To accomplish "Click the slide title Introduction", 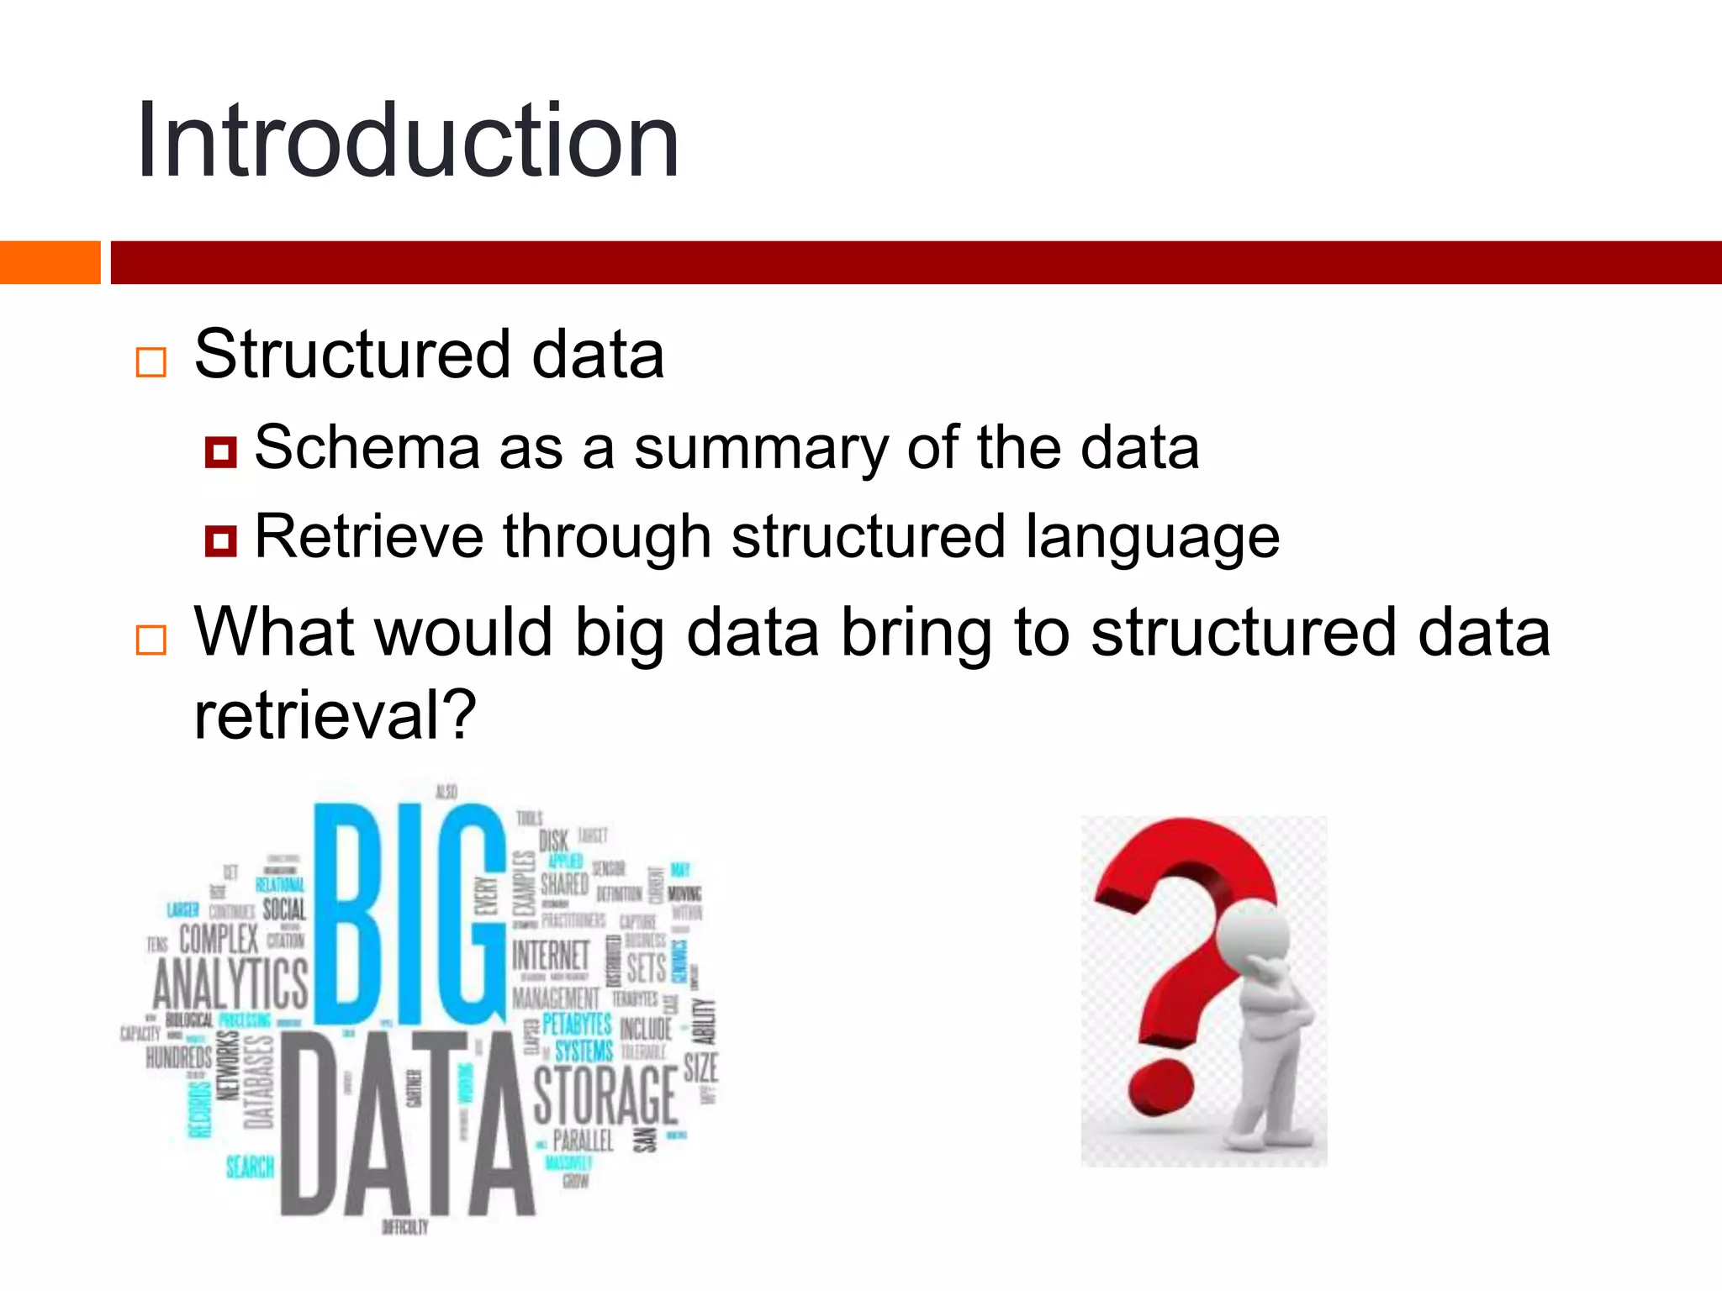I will pos(408,140).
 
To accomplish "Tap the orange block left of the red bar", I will pos(50,262).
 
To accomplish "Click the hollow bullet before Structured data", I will pos(151,362).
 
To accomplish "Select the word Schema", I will pos(366,447).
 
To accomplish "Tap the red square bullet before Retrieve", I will pos(221,540).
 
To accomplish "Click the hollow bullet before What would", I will pos(151,640).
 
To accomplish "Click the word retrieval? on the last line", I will pos(335,716).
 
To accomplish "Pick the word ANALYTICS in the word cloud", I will pos(230,984).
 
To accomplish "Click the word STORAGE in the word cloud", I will pos(605,1095).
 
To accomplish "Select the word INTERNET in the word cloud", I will pos(552,956).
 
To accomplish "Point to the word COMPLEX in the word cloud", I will pos(219,938).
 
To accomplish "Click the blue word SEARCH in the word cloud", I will pos(250,1167).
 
